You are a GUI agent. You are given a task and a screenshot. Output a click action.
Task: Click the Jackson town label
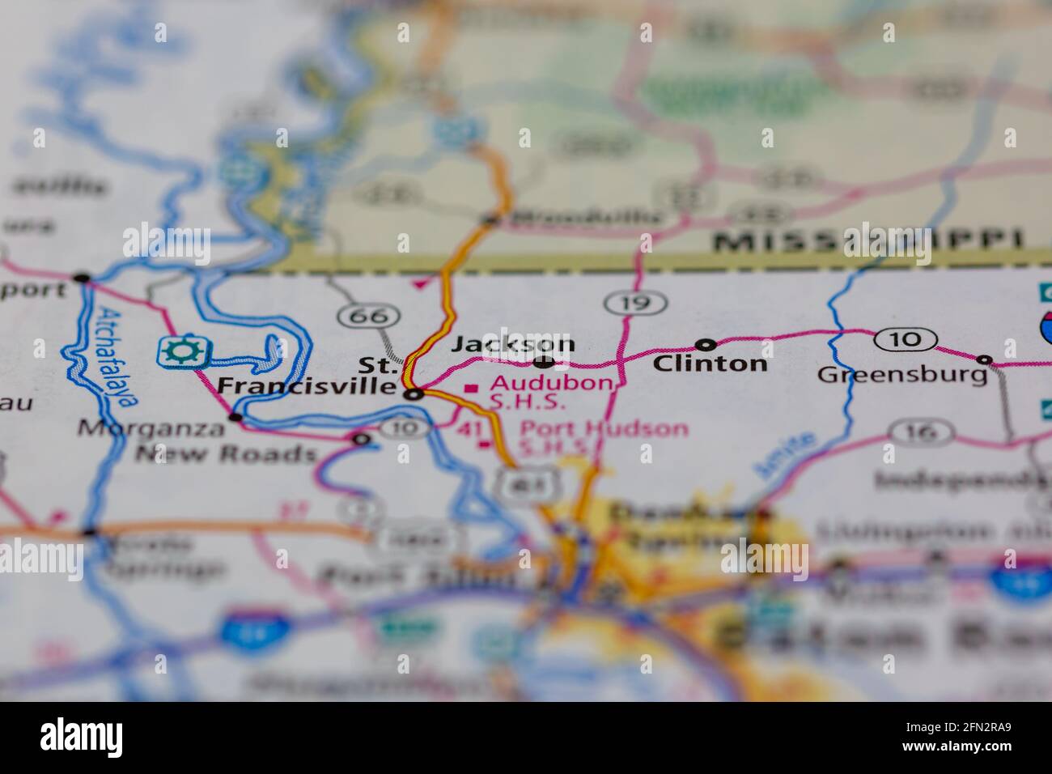[x=513, y=343]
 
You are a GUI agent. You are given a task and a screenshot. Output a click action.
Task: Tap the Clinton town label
[x=710, y=364]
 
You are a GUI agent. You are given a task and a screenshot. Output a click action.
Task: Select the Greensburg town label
[x=902, y=375]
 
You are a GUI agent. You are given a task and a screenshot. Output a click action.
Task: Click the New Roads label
[x=225, y=453]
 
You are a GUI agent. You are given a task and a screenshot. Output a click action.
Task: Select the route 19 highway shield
[x=635, y=304]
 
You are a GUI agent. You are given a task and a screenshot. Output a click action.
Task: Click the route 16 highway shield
[x=919, y=433]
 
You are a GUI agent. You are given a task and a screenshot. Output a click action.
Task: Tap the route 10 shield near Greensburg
[x=906, y=338]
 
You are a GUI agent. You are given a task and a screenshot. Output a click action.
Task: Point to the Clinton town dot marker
[x=706, y=344]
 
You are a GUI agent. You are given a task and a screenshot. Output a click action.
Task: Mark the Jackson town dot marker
[x=544, y=361]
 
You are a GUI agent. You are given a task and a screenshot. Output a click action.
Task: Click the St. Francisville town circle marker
[x=414, y=395]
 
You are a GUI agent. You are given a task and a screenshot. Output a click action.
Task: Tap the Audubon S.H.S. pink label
[x=550, y=391]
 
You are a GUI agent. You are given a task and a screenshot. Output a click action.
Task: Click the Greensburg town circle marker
[x=984, y=359]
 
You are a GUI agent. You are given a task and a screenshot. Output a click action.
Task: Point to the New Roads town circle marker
[x=361, y=440]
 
